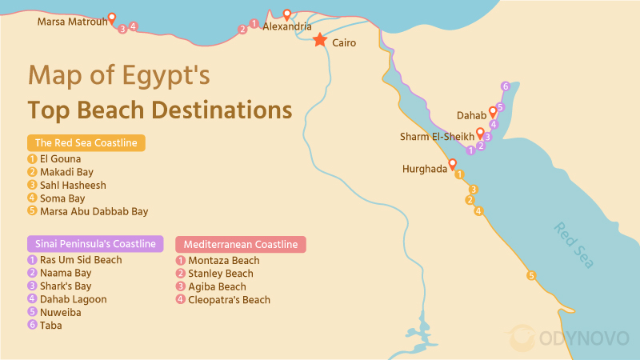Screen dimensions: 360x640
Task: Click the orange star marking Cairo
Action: coord(320,40)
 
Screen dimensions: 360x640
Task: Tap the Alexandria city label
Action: coord(287,26)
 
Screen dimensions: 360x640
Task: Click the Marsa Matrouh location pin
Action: coord(112,18)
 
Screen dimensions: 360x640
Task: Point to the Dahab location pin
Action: coord(494,114)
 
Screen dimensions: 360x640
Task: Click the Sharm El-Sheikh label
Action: coord(436,137)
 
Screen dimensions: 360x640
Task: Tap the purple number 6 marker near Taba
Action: coord(505,86)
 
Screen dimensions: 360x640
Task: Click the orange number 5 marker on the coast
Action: coord(530,276)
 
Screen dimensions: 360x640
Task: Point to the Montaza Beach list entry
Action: coord(223,261)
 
